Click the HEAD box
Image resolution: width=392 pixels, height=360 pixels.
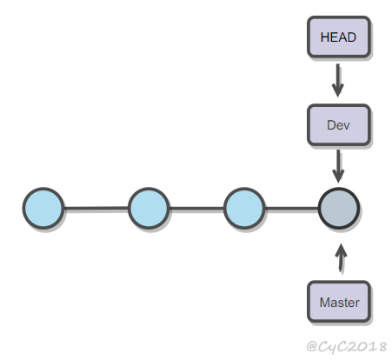point(339,37)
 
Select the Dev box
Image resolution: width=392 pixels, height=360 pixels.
point(339,124)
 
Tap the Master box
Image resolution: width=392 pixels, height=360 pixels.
point(339,302)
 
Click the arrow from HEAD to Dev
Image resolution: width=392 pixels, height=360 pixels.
point(338,80)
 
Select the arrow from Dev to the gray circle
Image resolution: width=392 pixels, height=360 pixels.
point(338,166)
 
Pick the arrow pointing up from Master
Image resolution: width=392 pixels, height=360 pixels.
point(341,257)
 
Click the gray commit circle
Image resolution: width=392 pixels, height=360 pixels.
point(339,208)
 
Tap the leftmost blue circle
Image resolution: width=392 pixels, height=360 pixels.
point(43,208)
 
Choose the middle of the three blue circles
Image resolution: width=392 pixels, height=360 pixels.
point(149,208)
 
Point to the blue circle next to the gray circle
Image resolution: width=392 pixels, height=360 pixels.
point(244,208)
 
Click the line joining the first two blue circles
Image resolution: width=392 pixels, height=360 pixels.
point(96,208)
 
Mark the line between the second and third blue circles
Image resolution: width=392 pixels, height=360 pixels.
point(196,208)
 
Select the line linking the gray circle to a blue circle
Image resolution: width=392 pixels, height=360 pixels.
point(291,208)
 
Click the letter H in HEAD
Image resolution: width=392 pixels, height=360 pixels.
point(324,37)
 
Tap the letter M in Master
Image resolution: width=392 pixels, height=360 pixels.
point(324,303)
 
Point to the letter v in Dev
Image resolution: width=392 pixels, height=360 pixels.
point(346,126)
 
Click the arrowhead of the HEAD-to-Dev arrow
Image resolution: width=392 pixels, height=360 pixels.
point(338,90)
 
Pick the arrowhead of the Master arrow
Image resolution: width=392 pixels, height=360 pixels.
point(341,250)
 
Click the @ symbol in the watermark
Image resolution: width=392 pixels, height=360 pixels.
point(312,346)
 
